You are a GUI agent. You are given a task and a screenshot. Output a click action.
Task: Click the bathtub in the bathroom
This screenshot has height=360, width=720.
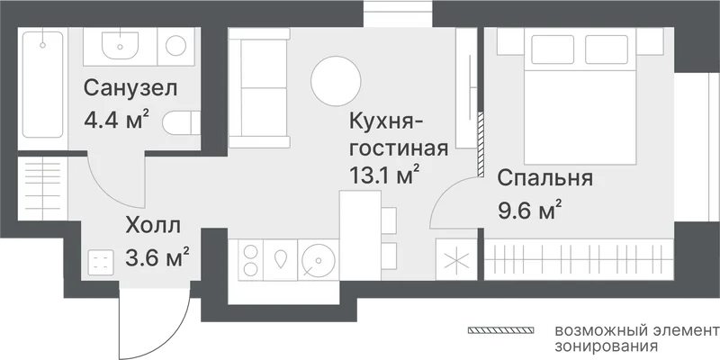42,84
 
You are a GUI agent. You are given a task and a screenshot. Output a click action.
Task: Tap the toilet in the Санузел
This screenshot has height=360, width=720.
182,123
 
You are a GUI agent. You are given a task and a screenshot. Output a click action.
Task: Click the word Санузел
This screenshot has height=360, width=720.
130,88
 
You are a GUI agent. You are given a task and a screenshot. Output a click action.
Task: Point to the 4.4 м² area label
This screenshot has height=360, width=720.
117,120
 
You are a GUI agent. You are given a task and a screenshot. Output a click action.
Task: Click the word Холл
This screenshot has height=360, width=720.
153,226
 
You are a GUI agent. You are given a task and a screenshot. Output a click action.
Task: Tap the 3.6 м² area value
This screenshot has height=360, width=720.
157,257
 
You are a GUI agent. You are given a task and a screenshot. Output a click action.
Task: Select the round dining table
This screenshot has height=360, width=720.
336,81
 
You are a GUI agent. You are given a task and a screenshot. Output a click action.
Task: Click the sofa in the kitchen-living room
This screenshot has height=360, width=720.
259,88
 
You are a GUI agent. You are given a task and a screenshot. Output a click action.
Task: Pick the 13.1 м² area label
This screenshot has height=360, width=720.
385,175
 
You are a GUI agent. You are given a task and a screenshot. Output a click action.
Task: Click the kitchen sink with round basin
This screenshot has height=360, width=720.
319,260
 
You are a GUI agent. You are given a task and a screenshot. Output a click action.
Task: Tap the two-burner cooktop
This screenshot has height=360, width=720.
251,260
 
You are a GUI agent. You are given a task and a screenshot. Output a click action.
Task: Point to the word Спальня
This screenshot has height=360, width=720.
545,179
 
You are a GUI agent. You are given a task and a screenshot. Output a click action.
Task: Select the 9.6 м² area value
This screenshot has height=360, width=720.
530,211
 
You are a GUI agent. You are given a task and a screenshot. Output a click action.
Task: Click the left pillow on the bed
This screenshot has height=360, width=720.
553,49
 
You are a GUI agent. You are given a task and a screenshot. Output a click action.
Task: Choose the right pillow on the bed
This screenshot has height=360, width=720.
606,49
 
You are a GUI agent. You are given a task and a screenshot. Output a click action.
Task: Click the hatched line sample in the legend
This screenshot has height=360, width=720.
500,330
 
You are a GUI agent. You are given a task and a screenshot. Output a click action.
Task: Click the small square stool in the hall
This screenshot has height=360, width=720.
101,263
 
